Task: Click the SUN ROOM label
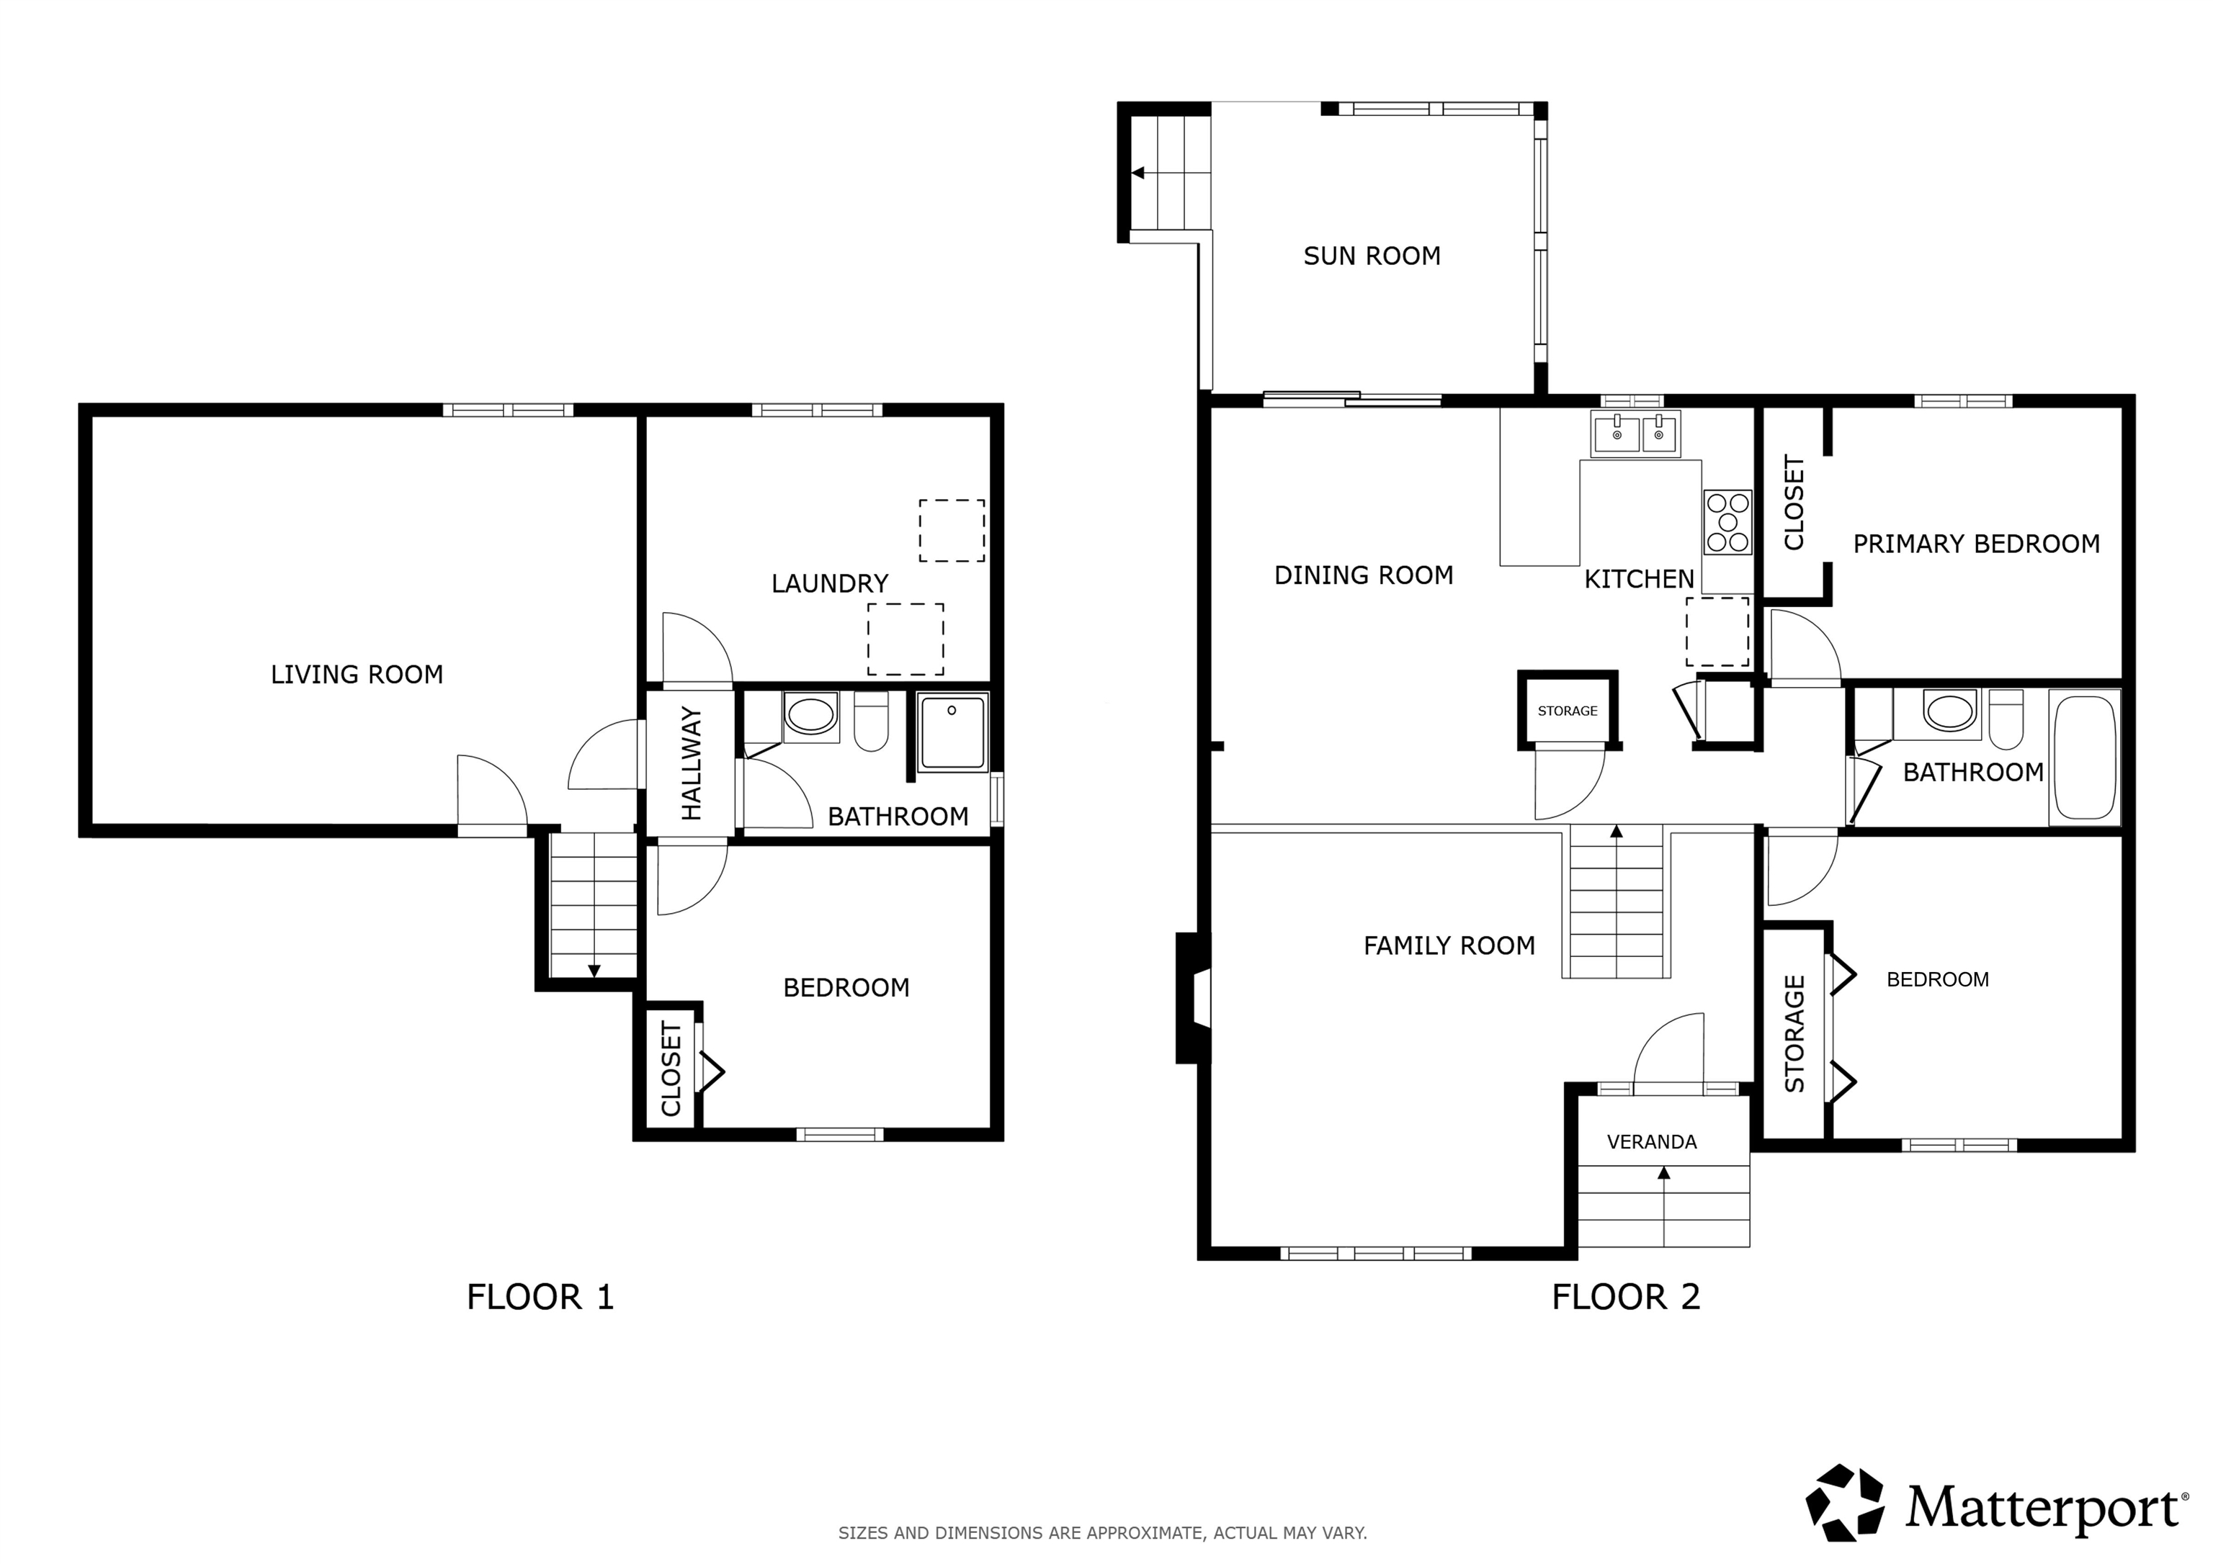[1372, 256]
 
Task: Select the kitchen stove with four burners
[1727, 522]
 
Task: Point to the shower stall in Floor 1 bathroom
[952, 733]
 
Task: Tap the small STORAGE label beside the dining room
[1568, 711]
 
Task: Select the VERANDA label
[1651, 1142]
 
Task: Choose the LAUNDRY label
[829, 584]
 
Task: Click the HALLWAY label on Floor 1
[691, 763]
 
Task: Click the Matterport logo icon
[1844, 1504]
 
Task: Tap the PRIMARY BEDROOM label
[1976, 544]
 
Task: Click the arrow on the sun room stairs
[1138, 174]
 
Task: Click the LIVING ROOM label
[357, 675]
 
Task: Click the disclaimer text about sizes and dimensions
[1101, 1533]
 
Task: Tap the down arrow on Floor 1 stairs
[594, 971]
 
